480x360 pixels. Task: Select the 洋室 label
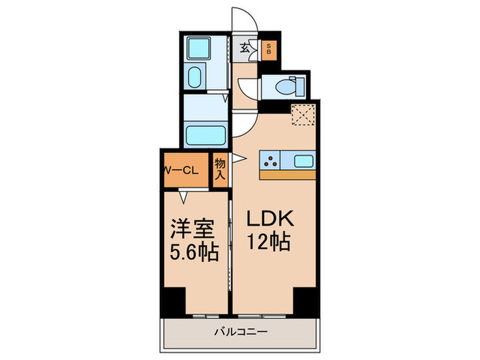pos(190,229)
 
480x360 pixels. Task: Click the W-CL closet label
pos(181,171)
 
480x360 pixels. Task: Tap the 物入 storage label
pos(220,169)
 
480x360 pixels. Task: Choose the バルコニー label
pos(239,333)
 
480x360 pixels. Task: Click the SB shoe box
pos(269,50)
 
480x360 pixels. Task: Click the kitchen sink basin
pos(303,162)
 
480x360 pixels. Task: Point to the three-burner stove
pos(272,162)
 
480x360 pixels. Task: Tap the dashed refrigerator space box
pos(303,114)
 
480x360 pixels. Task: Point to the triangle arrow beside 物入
pos(237,159)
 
